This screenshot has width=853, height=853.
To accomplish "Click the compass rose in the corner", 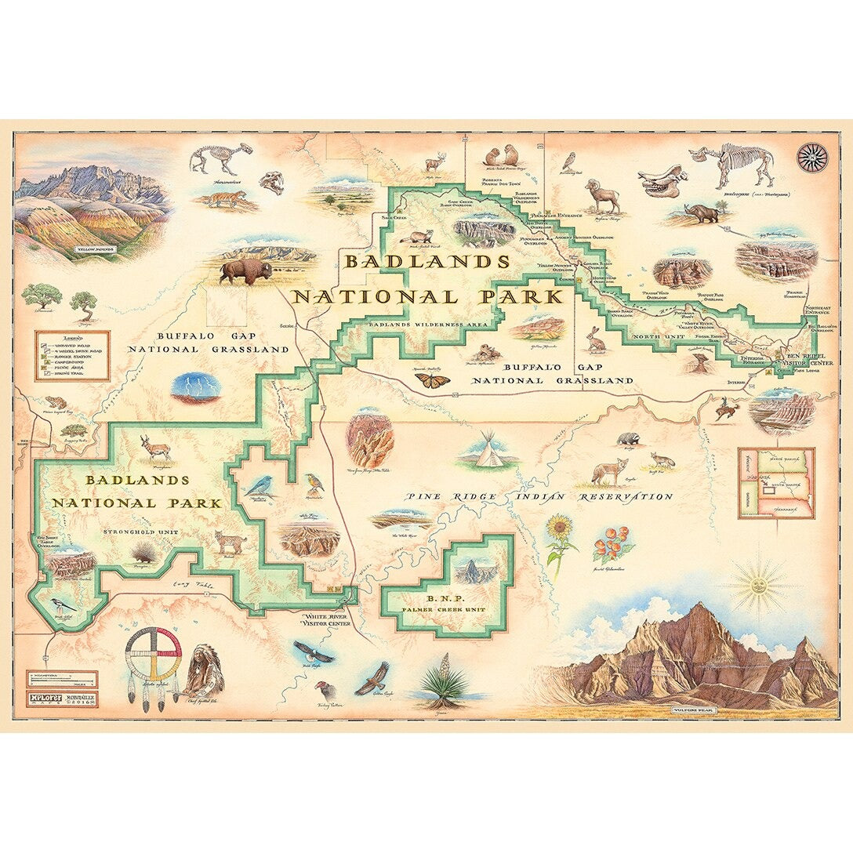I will [812, 158].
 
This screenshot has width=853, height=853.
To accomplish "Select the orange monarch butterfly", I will [433, 380].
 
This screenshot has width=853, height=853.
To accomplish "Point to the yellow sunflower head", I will [559, 528].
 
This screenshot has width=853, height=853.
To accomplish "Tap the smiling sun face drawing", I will [758, 583].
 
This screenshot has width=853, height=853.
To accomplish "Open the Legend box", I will [72, 355].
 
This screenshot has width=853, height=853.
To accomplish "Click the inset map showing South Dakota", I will [776, 483].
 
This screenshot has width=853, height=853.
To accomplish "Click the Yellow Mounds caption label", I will [95, 251].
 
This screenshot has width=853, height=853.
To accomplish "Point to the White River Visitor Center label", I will [328, 621].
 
